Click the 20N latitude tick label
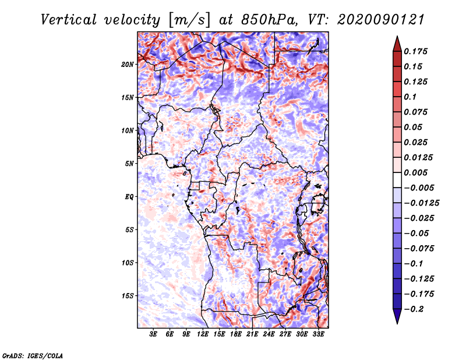(128, 65)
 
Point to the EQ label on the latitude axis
(129, 197)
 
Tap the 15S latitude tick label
(128, 296)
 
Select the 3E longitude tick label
(153, 334)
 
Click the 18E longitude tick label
(236, 334)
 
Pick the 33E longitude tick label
(318, 334)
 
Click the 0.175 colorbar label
(415, 51)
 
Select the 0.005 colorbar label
(415, 172)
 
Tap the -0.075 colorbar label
(419, 249)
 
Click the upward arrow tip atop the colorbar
(397, 36)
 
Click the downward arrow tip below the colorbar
(397, 323)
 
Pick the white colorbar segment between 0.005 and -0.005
(397, 180)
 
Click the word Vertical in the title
(69, 20)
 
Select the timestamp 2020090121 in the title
(381, 20)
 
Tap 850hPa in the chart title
(269, 20)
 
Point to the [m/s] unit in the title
(189, 20)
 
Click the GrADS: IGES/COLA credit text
(33, 355)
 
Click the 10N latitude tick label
(128, 130)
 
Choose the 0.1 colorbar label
(410, 97)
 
